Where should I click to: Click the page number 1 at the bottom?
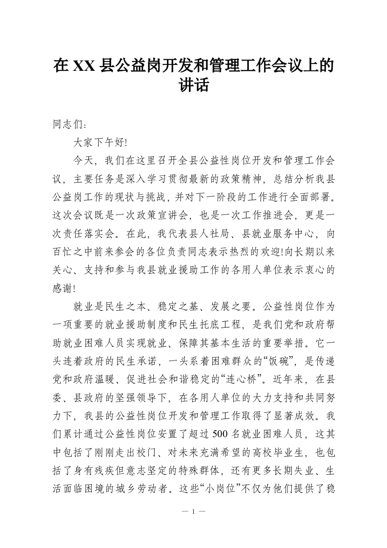pos(194,512)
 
